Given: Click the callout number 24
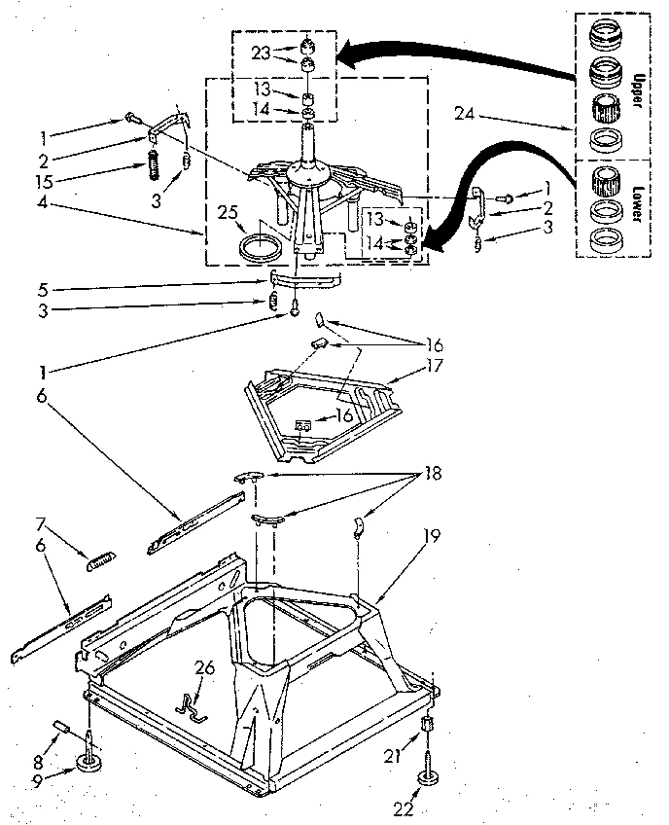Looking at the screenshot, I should (465, 115).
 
